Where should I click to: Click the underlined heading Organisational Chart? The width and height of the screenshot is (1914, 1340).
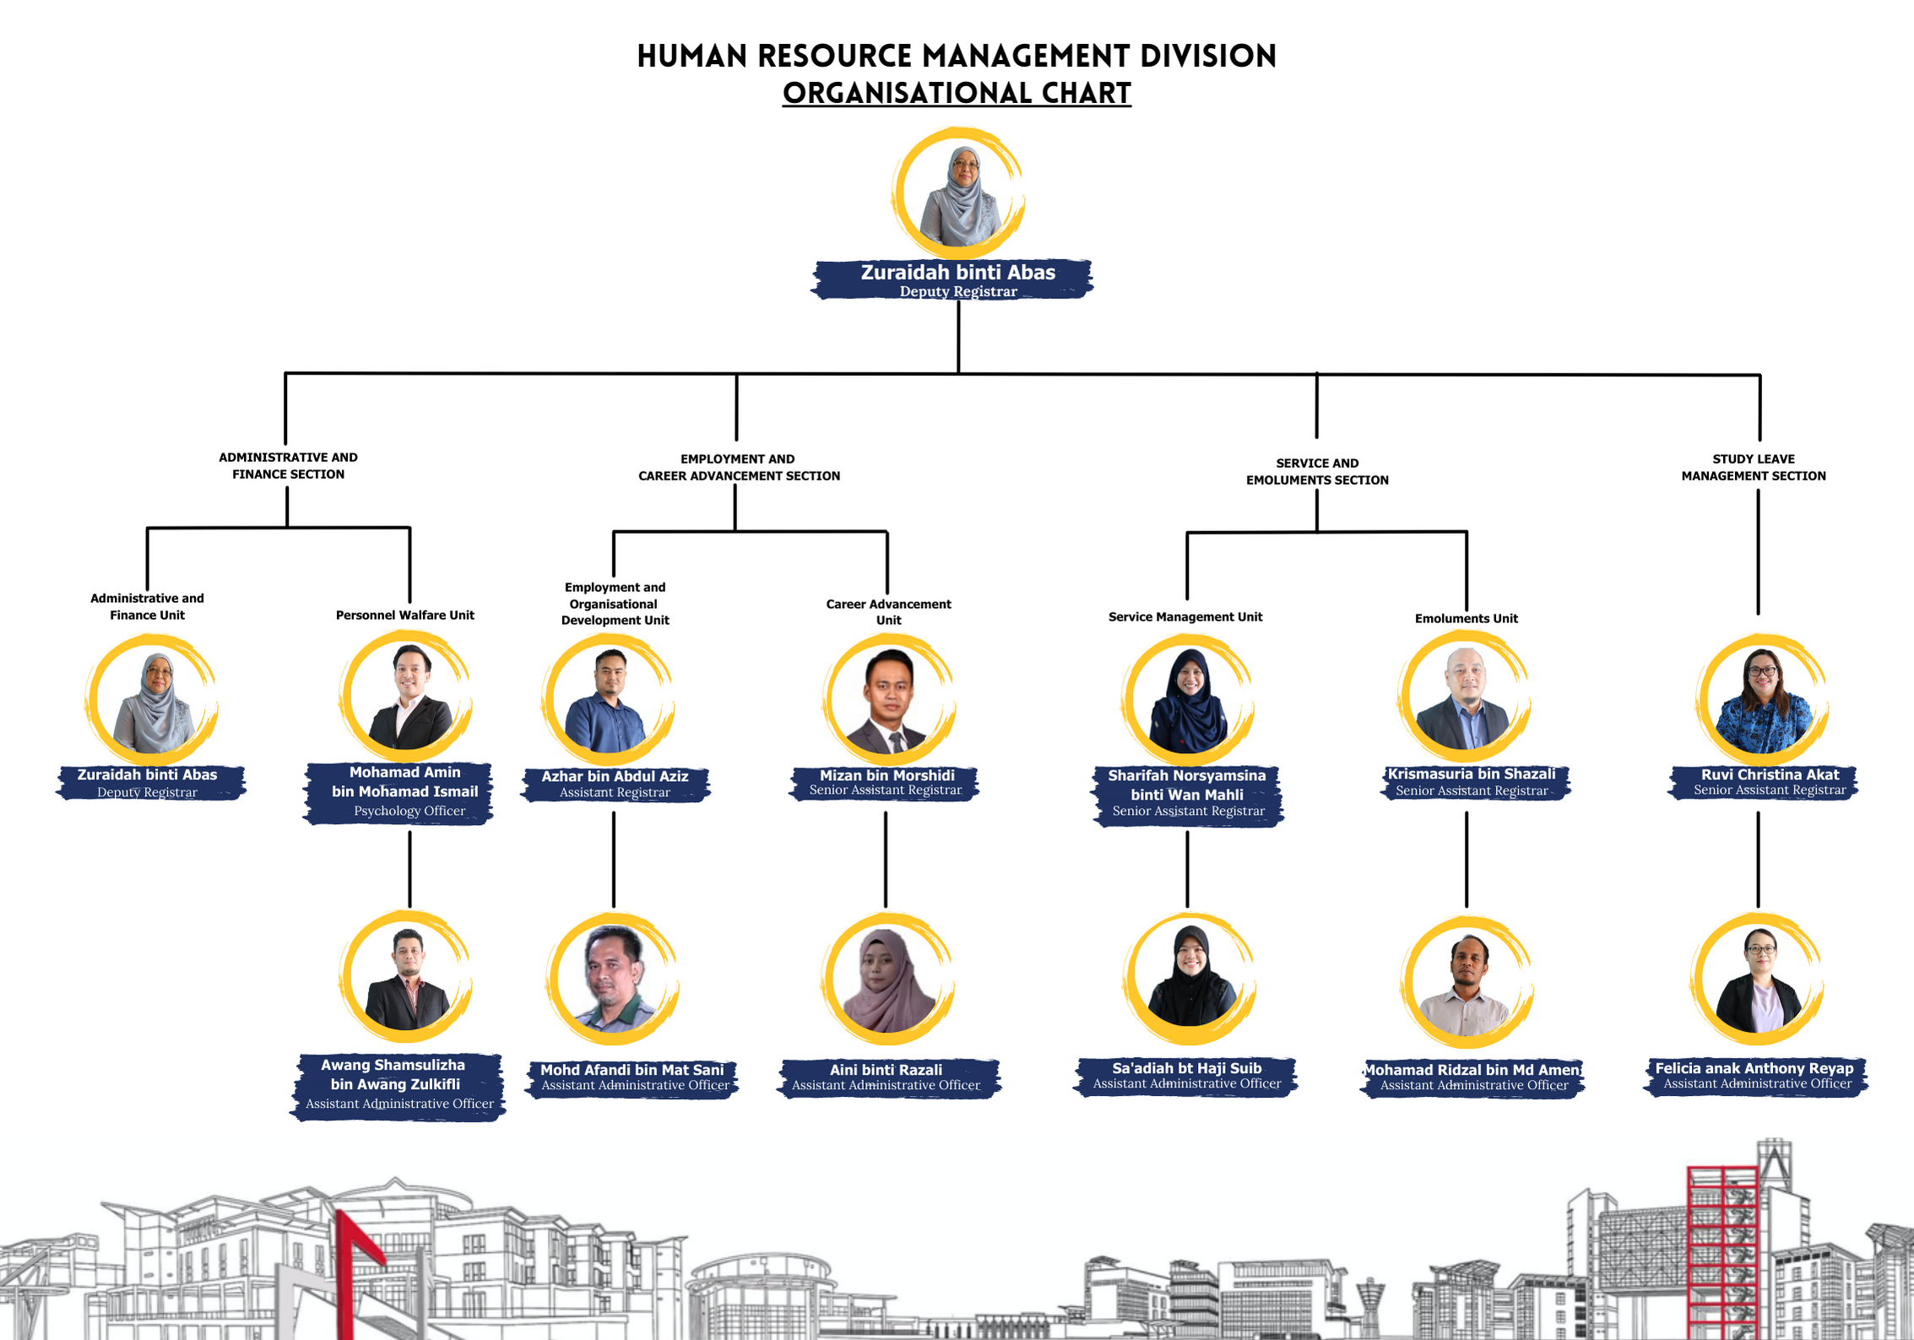[x=957, y=93]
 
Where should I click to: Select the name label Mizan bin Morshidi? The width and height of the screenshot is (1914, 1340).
[x=885, y=783]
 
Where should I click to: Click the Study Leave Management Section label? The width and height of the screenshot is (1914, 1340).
[x=1753, y=467]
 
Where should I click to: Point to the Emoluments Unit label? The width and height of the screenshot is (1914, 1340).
[x=1466, y=618]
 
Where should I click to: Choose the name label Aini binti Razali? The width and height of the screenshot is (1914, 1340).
[x=887, y=1077]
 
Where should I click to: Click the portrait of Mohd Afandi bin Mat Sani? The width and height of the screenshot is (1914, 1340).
[x=613, y=979]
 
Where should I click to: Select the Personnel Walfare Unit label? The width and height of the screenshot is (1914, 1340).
[x=405, y=615]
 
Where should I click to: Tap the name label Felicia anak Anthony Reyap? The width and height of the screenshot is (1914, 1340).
[x=1756, y=1076]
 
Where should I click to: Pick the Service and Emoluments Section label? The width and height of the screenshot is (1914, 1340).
[x=1317, y=471]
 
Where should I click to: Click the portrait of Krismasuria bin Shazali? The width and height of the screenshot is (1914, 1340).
[x=1465, y=697]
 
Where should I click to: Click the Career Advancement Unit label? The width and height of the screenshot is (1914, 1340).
[x=888, y=611]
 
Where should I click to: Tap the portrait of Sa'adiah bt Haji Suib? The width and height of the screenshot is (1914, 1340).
[x=1190, y=979]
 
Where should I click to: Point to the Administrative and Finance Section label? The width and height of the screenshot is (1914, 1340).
[x=288, y=465]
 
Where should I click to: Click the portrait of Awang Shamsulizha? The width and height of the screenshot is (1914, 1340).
[x=406, y=976]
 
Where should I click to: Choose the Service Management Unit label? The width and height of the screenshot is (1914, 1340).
[x=1185, y=616]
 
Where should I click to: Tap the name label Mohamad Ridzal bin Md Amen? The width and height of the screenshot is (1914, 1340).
[x=1472, y=1077]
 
